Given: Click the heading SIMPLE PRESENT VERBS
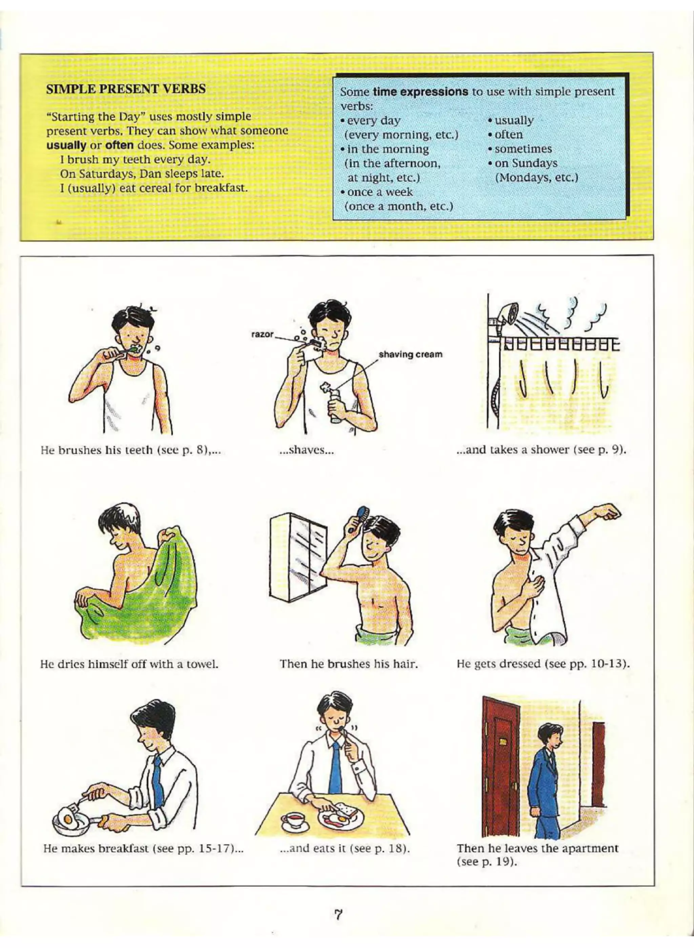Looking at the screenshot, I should click(x=126, y=89).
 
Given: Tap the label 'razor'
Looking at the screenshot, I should click(x=262, y=335).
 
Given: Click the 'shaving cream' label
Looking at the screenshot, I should click(x=410, y=354).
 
